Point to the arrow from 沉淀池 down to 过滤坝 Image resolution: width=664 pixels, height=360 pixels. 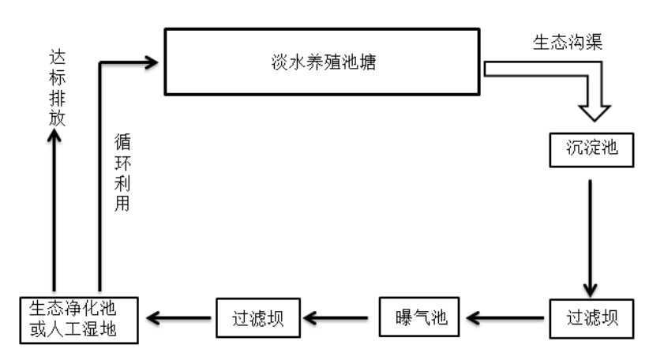[x=591, y=237]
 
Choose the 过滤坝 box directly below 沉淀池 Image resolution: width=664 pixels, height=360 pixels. [x=591, y=317]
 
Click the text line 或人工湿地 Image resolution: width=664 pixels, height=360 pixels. [x=78, y=328]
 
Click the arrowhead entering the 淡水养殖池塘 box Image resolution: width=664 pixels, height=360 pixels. [x=152, y=62]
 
